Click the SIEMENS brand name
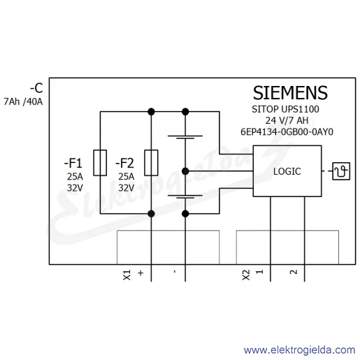(290, 93)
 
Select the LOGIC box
(287, 171)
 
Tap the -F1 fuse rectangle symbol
(100, 163)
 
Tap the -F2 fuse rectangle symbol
(151, 163)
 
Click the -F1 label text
(73, 163)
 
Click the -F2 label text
(124, 163)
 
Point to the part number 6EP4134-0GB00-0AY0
(287, 132)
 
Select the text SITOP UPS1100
(285, 109)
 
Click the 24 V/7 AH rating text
(287, 120)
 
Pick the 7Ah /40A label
(23, 102)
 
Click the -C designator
(36, 88)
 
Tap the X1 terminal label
(127, 275)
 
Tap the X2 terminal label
(246, 275)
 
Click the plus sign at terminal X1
(141, 273)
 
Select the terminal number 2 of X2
(294, 272)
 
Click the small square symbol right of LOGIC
(341, 171)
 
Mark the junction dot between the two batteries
(185, 171)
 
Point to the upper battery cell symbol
(185, 137)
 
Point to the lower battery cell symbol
(185, 196)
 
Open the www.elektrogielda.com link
(300, 350)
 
